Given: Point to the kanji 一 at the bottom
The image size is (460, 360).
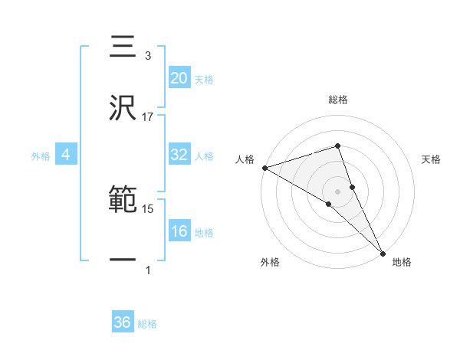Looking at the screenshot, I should click(123, 260).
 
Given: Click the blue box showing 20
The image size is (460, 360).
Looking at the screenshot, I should click(179, 78).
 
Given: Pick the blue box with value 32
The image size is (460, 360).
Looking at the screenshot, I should click(179, 155).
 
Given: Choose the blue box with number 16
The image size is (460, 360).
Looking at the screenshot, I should click(179, 231).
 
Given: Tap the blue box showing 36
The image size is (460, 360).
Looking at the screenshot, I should click(123, 322).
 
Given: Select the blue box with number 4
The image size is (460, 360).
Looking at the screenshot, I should click(66, 155).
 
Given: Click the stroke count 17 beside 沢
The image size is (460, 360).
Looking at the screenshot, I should click(148, 117).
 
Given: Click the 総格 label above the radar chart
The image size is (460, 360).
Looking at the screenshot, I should click(338, 100).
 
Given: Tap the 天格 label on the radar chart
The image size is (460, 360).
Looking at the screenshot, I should click(432, 159).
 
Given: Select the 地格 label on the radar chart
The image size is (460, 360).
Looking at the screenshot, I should click(402, 262).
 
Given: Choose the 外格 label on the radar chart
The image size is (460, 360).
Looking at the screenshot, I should click(270, 262).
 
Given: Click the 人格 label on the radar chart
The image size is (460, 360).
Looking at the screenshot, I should click(245, 159).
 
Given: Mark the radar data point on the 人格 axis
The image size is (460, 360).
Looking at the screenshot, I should click(264, 168).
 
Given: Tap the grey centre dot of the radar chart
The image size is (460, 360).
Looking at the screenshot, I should click(338, 191).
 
